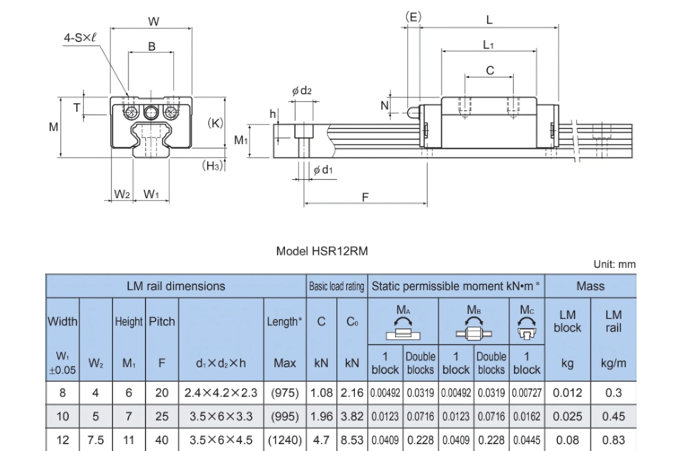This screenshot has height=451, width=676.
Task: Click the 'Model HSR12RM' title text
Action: click(322, 251)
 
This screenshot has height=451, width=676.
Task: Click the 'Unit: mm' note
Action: click(614, 264)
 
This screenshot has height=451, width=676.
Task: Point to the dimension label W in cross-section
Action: click(153, 22)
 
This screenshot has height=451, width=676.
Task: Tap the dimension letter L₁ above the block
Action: click(488, 45)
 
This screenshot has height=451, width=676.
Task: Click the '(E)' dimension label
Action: click(413, 17)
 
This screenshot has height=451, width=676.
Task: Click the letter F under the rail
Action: click(365, 197)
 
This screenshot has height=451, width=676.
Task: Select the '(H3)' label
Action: click(214, 165)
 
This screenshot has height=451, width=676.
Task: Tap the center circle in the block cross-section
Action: click(151, 112)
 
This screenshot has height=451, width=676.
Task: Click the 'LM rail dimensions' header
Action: click(176, 286)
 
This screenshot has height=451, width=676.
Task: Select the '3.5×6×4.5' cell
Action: click(221, 440)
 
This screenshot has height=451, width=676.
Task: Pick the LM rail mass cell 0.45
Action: click(613, 417)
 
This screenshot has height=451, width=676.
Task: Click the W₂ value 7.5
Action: click(96, 440)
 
